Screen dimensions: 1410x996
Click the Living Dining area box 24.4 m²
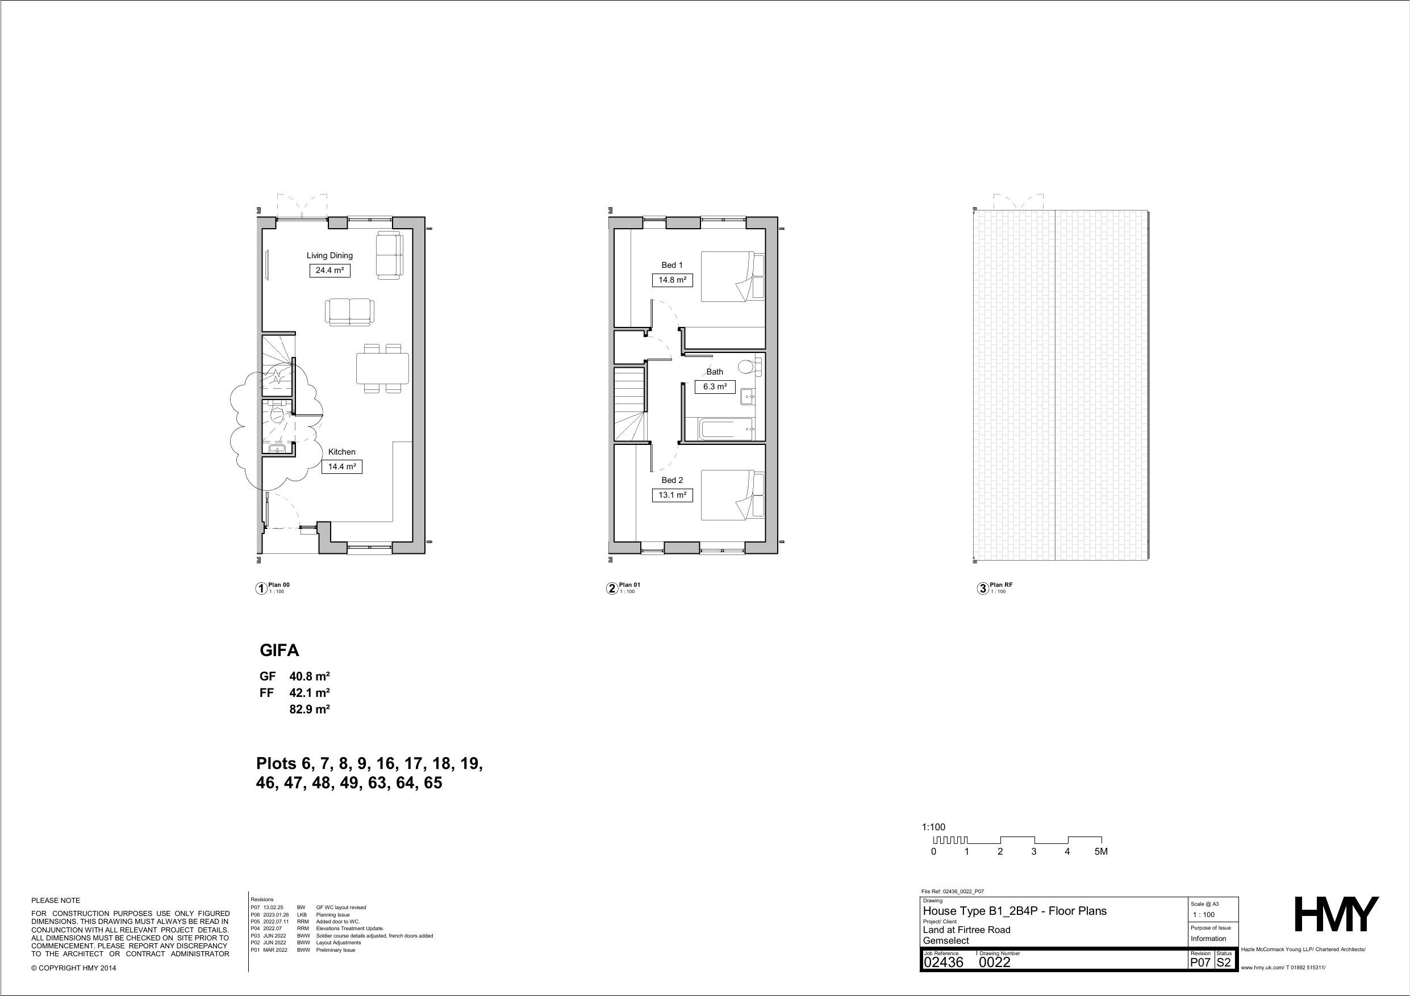(x=330, y=270)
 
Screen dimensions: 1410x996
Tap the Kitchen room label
(x=341, y=452)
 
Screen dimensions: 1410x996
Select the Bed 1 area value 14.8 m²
(x=673, y=280)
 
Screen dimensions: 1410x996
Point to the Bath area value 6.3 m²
(x=715, y=386)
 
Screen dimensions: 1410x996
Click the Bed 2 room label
(x=672, y=480)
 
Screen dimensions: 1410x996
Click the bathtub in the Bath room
(x=725, y=428)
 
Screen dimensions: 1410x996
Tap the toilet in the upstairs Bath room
(x=749, y=367)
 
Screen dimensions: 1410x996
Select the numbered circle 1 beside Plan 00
(x=261, y=589)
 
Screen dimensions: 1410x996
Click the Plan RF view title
(x=1001, y=585)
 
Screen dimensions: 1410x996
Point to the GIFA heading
(x=280, y=650)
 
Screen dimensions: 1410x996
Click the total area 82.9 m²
(x=310, y=709)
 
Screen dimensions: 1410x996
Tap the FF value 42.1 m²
(x=310, y=693)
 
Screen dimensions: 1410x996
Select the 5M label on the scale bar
(x=1101, y=852)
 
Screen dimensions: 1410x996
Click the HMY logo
(x=1336, y=914)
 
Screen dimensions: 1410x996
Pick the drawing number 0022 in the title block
(x=994, y=963)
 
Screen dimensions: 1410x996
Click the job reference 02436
(x=944, y=963)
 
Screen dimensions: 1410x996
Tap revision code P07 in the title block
(x=1200, y=963)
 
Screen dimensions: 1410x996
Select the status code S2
(x=1224, y=963)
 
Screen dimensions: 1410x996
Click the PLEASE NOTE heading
(x=56, y=900)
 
